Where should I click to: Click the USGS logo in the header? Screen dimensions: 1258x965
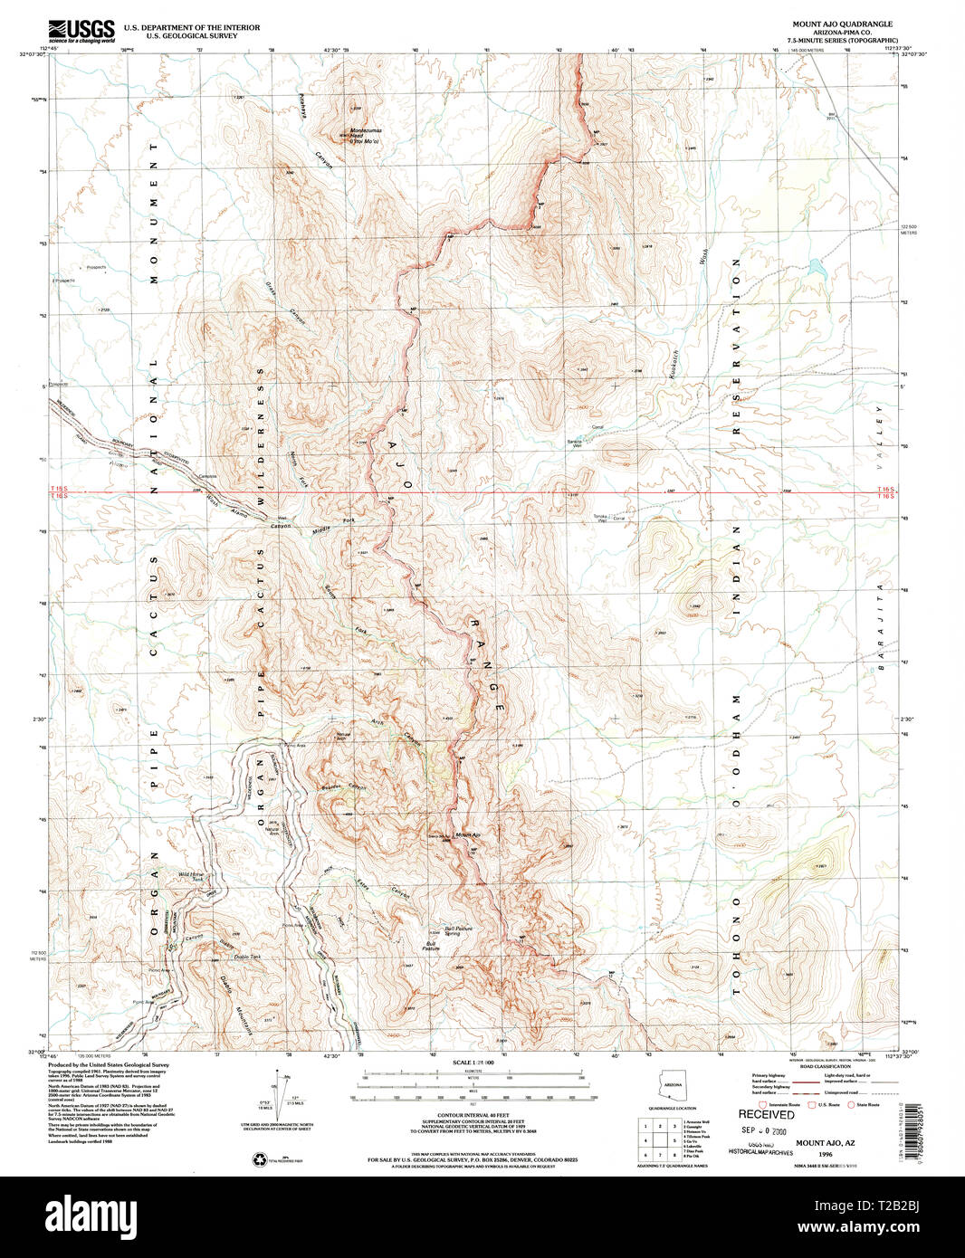tap(81, 31)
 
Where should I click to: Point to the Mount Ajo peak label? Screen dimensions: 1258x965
tap(466, 834)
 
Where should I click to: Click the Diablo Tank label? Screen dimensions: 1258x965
tap(247, 957)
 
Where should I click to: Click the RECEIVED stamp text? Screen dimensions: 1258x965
tap(766, 1114)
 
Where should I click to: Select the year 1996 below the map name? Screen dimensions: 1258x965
tap(825, 1155)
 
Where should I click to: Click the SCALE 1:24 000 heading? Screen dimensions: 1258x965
tap(473, 1062)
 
